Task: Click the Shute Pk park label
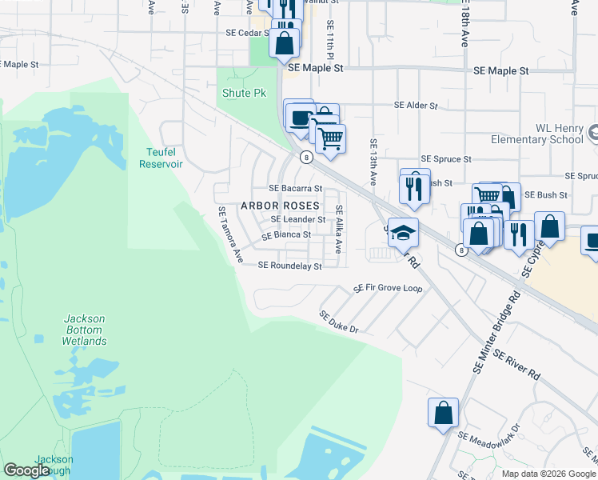click(x=244, y=94)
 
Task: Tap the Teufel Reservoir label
click(x=161, y=158)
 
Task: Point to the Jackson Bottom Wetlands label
click(x=84, y=330)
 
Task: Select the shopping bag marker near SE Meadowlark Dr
click(x=443, y=414)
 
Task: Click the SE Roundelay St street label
click(x=289, y=266)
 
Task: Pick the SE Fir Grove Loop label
click(x=388, y=288)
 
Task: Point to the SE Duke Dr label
click(x=340, y=322)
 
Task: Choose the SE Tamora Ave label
click(x=230, y=234)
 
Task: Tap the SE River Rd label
click(x=516, y=364)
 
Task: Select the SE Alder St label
click(x=416, y=106)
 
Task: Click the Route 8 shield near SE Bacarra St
click(x=306, y=158)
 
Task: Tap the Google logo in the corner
click(x=26, y=470)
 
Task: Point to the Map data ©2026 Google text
click(x=548, y=474)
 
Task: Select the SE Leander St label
click(x=297, y=219)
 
